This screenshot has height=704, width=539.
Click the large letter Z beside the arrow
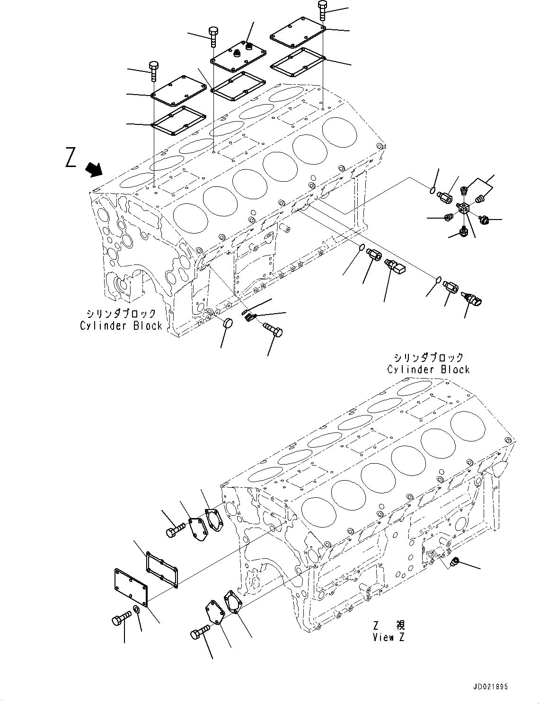click(x=71, y=158)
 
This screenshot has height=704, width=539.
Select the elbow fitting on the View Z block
click(x=455, y=562)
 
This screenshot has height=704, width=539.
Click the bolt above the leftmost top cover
click(x=154, y=71)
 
